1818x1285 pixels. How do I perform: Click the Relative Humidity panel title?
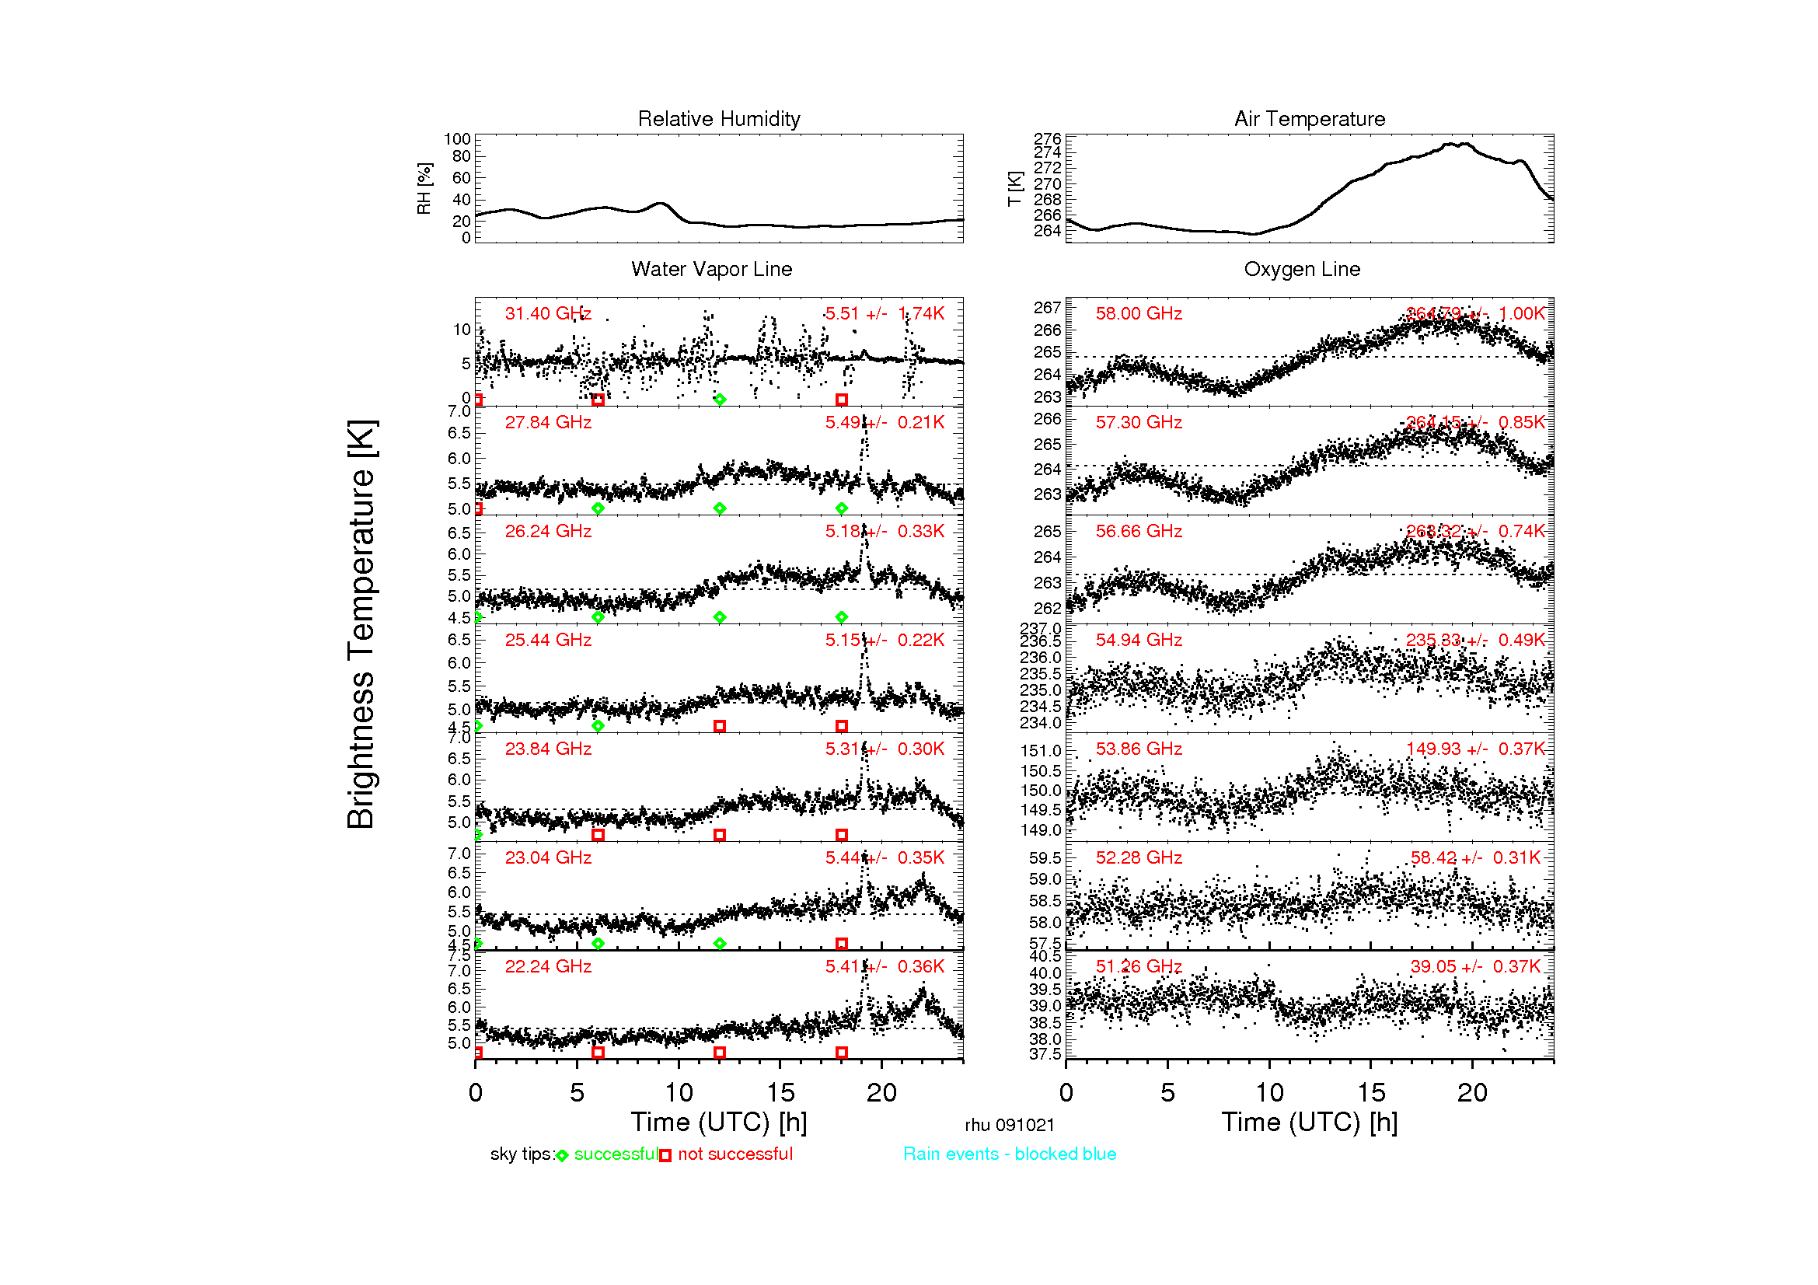pos(719,119)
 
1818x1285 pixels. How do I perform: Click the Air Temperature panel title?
pos(1310,119)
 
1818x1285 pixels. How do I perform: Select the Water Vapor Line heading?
pos(711,269)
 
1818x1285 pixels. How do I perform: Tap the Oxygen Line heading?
pos(1302,269)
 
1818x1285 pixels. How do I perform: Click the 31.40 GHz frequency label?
pos(548,313)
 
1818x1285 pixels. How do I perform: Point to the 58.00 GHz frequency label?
pos(1139,313)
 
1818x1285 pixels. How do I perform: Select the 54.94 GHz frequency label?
pos(1139,640)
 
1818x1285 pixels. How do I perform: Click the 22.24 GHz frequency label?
pos(548,966)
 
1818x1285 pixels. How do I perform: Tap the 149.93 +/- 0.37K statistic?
pos(1475,749)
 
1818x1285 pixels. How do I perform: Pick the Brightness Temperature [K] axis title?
pos(361,624)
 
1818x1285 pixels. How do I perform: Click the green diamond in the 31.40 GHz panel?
pos(720,400)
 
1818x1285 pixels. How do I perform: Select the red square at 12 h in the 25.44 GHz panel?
pos(720,726)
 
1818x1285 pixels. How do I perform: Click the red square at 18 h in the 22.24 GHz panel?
pos(842,1053)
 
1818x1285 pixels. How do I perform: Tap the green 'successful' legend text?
pos(616,1154)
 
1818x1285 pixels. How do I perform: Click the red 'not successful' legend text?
pos(735,1154)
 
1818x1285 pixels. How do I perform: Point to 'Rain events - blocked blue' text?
pos(1010,1154)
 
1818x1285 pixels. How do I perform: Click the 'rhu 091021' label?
pos(1010,1125)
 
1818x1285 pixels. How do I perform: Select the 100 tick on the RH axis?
pos(457,139)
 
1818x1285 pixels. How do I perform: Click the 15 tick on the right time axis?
pos(1371,1093)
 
